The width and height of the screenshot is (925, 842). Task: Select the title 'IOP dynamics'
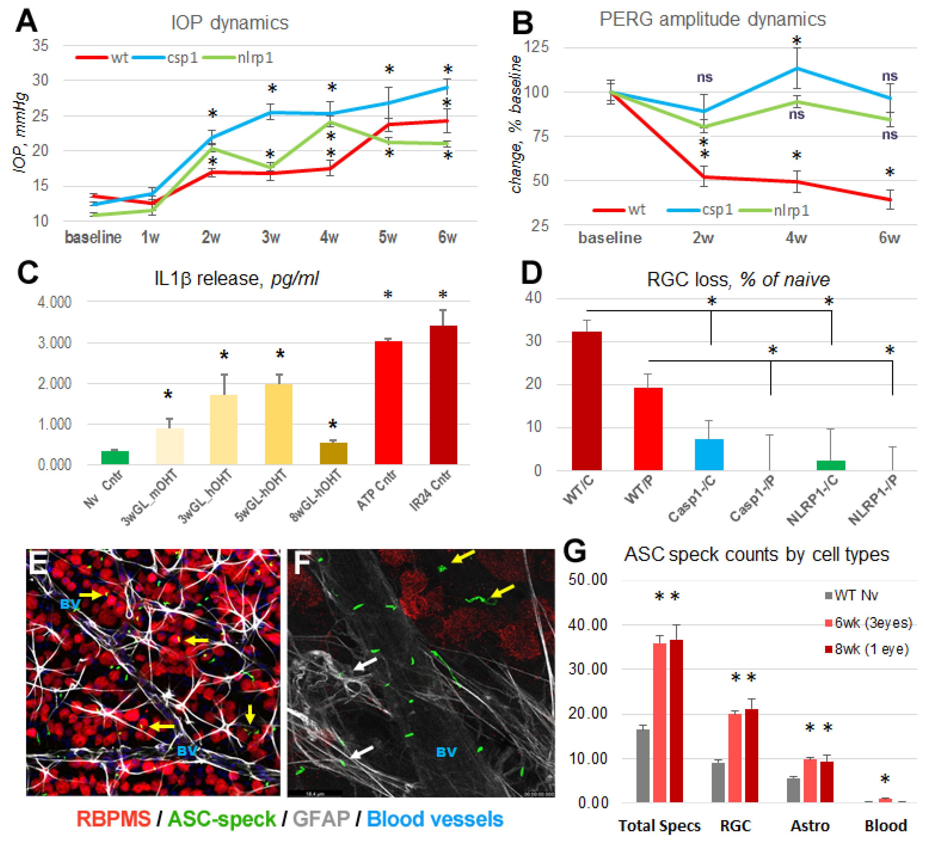(229, 23)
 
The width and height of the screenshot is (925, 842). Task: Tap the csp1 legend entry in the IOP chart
(182, 58)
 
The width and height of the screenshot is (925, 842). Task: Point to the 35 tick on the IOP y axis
(40, 46)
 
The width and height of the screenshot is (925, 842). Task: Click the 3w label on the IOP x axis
(271, 237)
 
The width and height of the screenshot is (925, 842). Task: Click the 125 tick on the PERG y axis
(536, 47)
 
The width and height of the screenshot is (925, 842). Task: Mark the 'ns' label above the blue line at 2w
(704, 77)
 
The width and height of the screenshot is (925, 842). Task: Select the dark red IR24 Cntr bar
(443, 395)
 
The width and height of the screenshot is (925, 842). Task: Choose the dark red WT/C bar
(587, 400)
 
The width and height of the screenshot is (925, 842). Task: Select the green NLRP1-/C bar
(831, 465)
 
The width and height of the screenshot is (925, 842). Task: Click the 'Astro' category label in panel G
(810, 825)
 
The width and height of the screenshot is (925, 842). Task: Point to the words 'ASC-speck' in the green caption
(222, 819)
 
